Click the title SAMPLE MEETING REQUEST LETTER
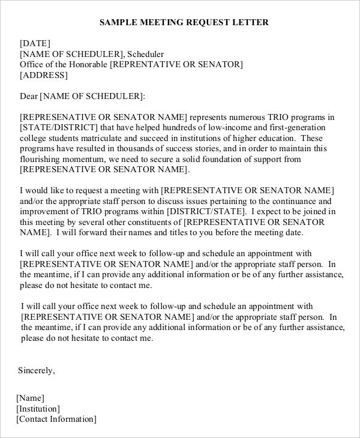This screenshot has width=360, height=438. click(x=184, y=22)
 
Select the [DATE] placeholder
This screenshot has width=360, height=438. click(x=35, y=43)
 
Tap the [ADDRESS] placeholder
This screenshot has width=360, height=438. click(x=44, y=76)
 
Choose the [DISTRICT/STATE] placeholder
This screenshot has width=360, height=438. click(x=206, y=212)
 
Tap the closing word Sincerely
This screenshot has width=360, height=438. click(x=36, y=370)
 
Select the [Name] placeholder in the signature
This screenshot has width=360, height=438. click(x=31, y=398)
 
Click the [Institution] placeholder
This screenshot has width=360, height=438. click(x=38, y=409)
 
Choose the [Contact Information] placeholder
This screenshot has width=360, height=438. click(x=56, y=419)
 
